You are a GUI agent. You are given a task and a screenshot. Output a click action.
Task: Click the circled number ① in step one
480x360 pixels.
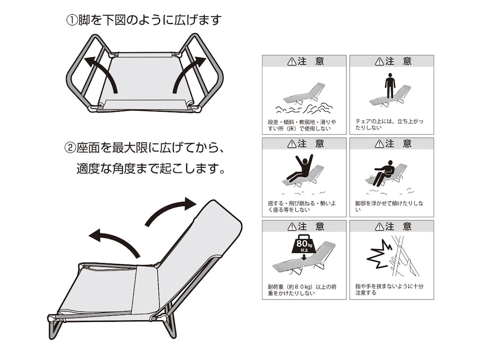(x=72, y=21)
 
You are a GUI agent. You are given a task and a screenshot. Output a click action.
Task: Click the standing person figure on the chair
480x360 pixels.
(x=390, y=86)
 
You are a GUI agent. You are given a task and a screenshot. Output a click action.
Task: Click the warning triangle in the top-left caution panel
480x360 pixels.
(x=292, y=61)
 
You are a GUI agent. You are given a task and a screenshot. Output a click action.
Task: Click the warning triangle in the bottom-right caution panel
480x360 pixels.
(x=379, y=227)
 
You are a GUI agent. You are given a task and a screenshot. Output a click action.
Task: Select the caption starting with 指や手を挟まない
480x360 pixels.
(x=389, y=289)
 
